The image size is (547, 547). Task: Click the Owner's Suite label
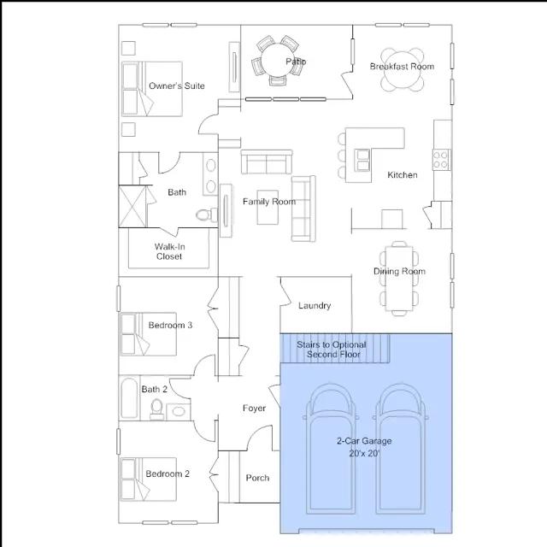tap(177, 85)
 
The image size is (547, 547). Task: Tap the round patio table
tap(279, 60)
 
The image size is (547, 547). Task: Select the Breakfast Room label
tap(402, 67)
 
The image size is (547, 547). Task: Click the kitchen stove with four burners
tap(441, 160)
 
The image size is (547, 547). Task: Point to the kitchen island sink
tap(362, 160)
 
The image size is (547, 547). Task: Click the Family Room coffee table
tap(268, 207)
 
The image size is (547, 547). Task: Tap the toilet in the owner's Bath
tap(207, 215)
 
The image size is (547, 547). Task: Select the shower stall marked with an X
tap(132, 207)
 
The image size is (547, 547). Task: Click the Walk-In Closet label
tap(169, 251)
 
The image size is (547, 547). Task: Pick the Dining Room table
tap(399, 279)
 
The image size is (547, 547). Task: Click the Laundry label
tap(315, 306)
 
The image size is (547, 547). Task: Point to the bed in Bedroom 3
tap(148, 334)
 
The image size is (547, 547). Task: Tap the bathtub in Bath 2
tap(129, 397)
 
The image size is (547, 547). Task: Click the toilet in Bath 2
tap(156, 409)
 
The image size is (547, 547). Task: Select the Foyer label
tap(254, 409)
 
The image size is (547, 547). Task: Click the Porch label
tap(257, 478)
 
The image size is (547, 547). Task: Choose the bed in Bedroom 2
tap(148, 479)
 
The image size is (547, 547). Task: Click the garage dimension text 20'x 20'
tap(364, 454)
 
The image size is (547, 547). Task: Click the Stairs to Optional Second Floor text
tap(332, 350)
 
